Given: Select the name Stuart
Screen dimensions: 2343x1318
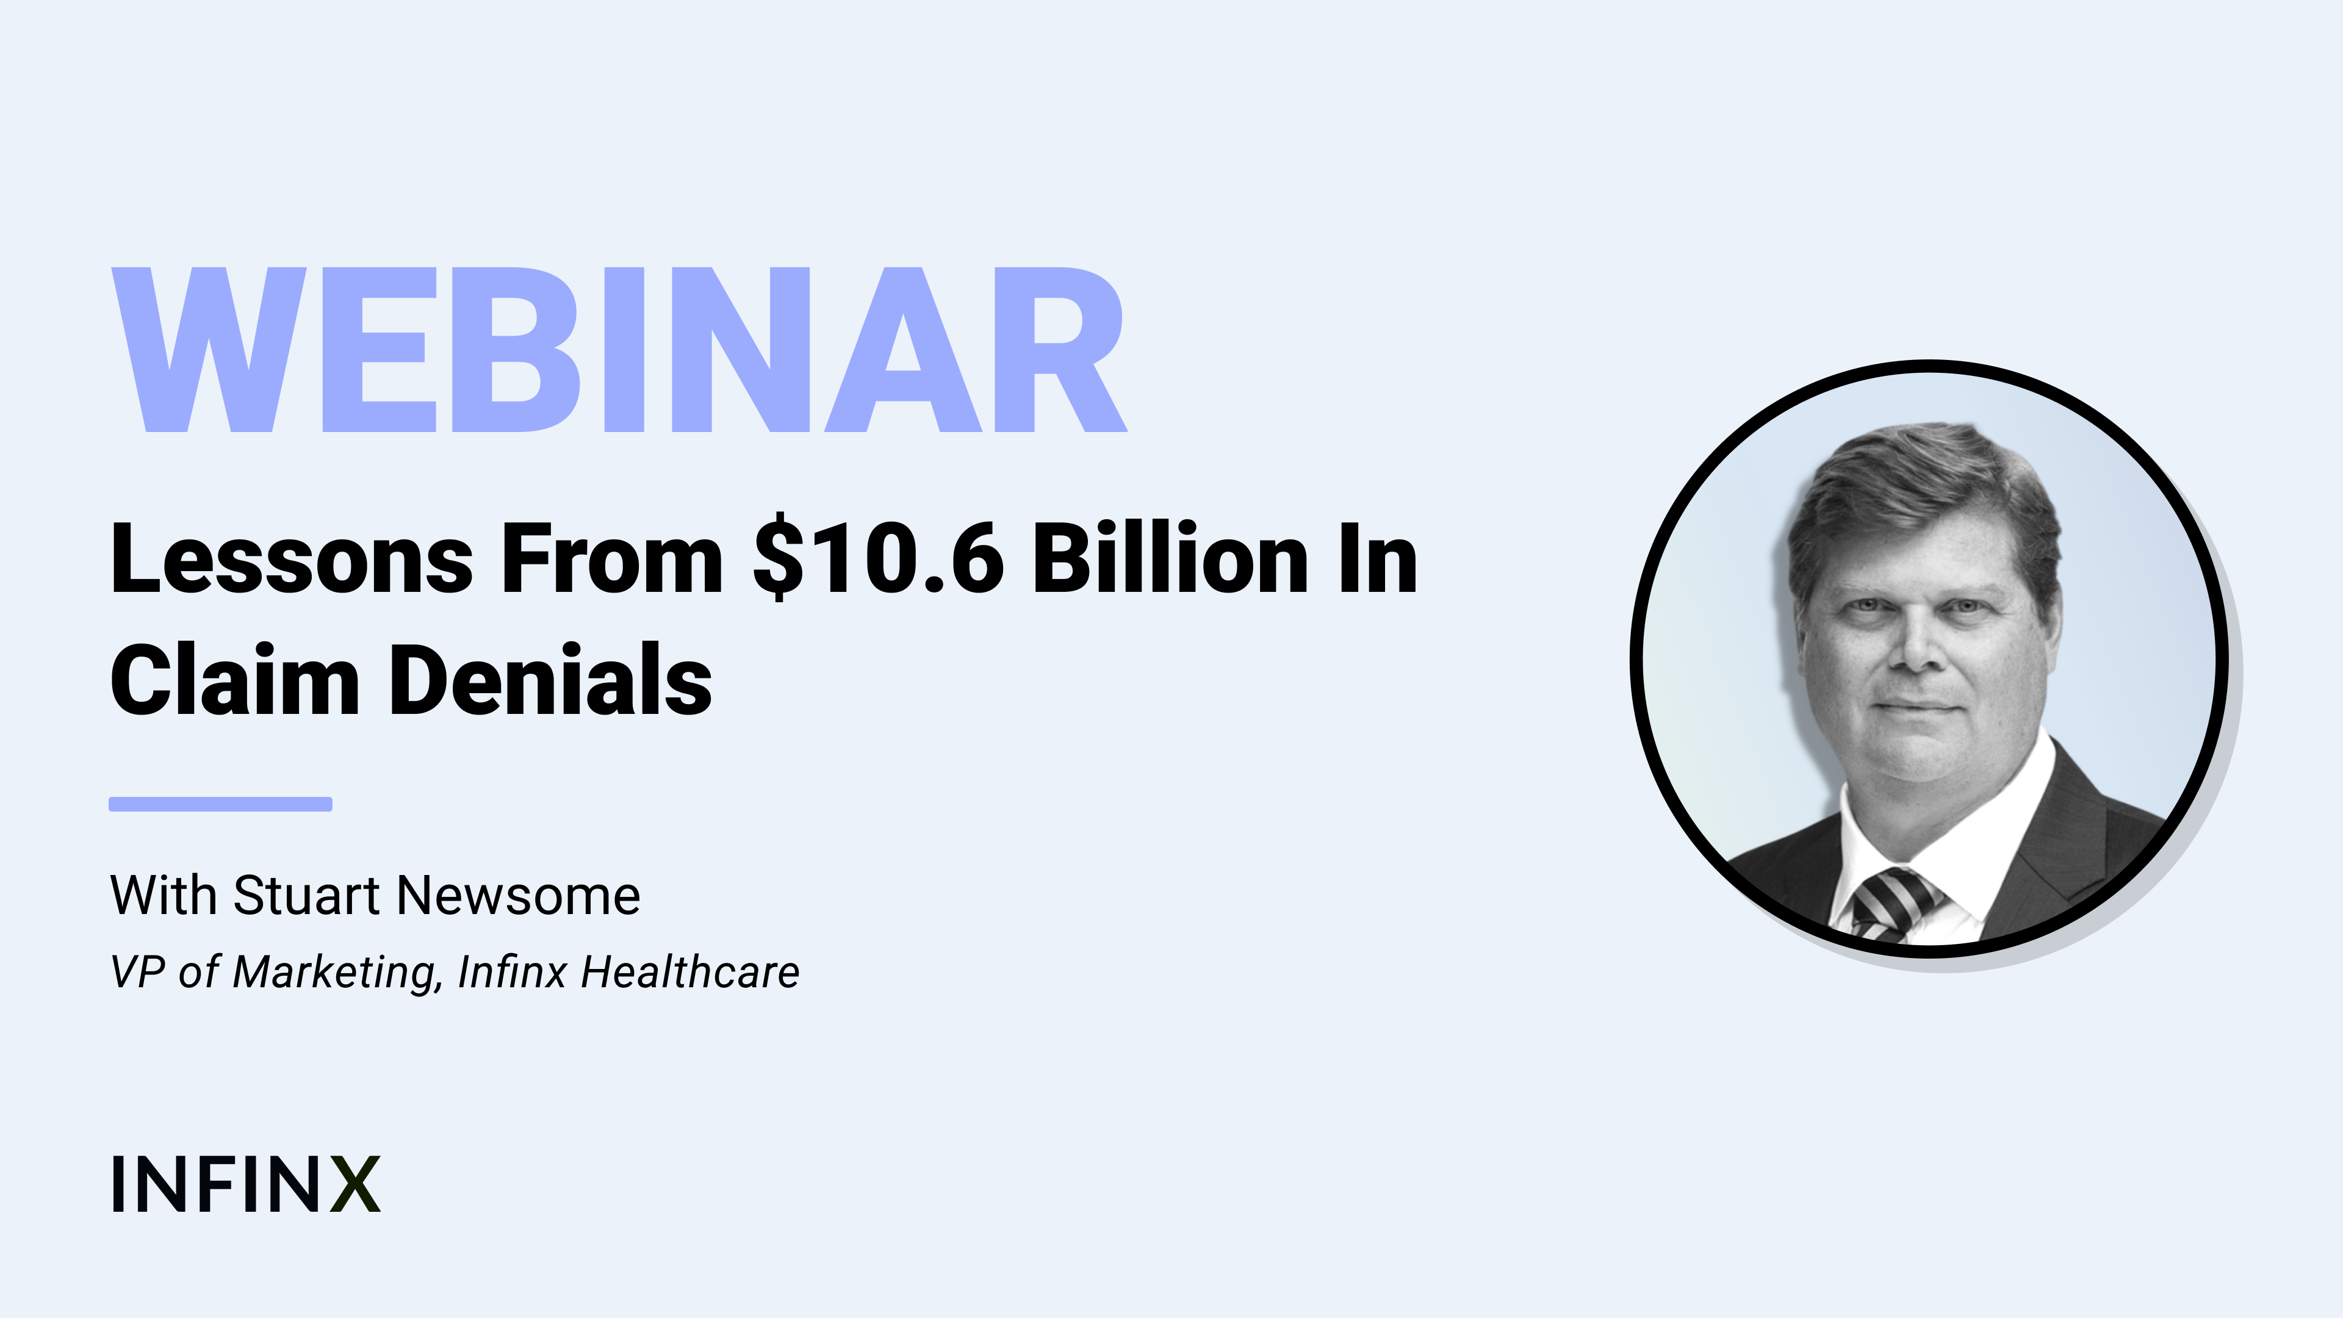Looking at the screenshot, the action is pos(306,895).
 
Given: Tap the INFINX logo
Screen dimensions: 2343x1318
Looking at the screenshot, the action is pos(245,1184).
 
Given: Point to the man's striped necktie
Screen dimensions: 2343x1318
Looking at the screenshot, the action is pos(1894,903).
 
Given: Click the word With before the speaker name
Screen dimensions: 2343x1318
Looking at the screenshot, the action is pos(164,895).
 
